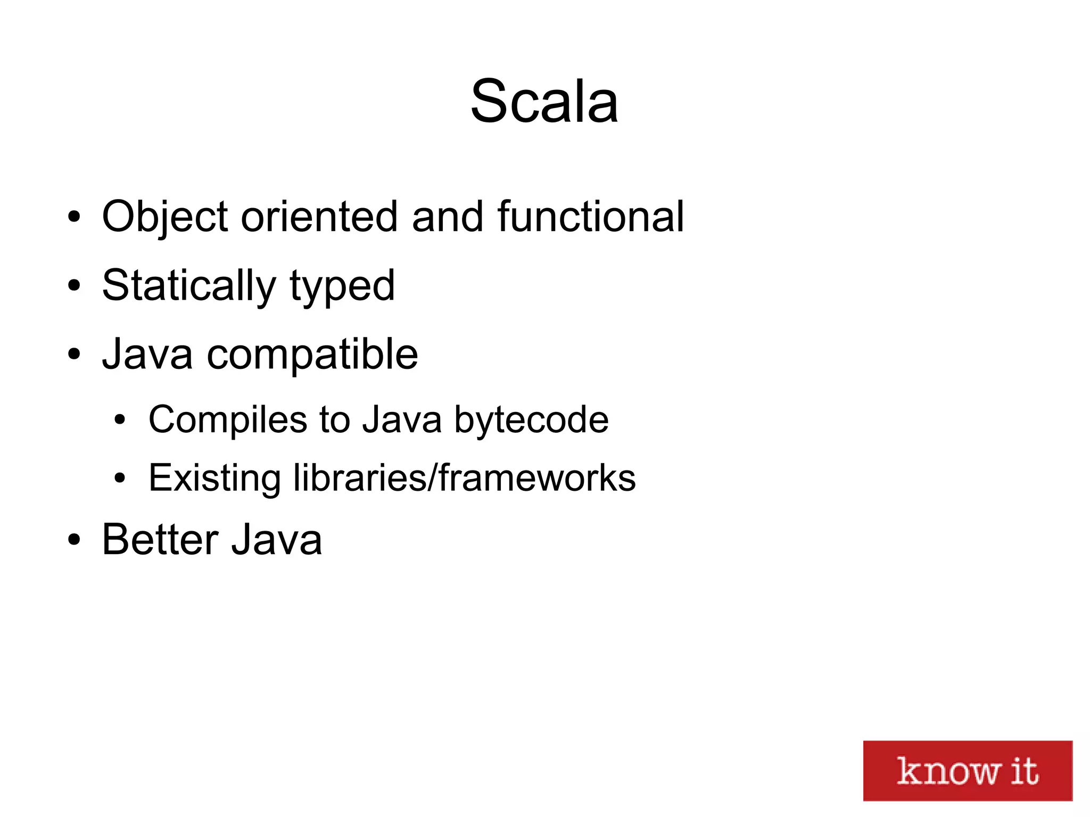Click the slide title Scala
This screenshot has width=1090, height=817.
coord(544,101)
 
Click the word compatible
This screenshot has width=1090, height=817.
coord(312,355)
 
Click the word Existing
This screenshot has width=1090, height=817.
coord(214,477)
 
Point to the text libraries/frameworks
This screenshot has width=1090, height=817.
coord(464,477)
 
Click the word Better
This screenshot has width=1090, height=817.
coord(160,540)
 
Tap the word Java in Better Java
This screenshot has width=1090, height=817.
coord(277,540)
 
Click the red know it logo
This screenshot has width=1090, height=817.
coord(967,770)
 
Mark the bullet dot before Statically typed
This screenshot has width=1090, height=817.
coord(74,286)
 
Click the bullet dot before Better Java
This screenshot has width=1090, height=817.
coord(74,540)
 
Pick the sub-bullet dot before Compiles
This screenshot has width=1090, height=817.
coord(120,420)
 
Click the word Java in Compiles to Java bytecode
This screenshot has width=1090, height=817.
coord(402,419)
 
